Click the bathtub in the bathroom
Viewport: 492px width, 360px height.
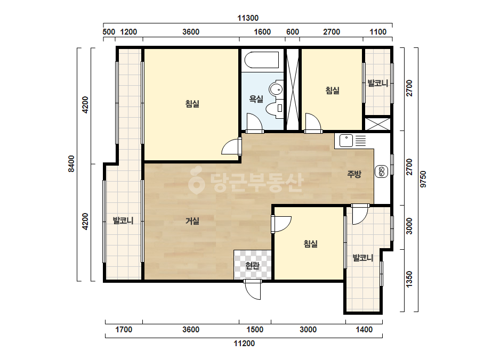(x=262, y=60)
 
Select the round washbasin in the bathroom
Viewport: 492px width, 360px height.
(x=276, y=89)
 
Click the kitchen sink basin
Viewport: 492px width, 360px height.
(x=346, y=141)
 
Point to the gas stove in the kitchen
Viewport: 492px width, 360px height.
(x=382, y=171)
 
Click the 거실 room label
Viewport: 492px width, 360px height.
(x=192, y=221)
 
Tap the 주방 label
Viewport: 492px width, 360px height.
(x=354, y=174)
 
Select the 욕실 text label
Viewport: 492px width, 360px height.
(x=256, y=99)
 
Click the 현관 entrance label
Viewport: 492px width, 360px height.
(x=253, y=266)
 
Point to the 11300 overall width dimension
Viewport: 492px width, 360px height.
(x=248, y=18)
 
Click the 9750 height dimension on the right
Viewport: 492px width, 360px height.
(x=423, y=179)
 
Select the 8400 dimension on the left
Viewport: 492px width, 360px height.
(x=71, y=163)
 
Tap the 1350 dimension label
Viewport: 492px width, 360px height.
(x=409, y=279)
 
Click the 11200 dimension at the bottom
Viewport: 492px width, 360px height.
(x=244, y=343)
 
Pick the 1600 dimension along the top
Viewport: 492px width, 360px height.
(x=262, y=32)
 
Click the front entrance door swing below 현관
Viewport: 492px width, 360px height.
(x=253, y=290)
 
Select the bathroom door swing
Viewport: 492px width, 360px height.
(x=254, y=123)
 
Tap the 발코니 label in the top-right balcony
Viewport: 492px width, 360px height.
(x=378, y=84)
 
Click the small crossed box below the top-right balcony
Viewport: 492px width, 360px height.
(x=377, y=124)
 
